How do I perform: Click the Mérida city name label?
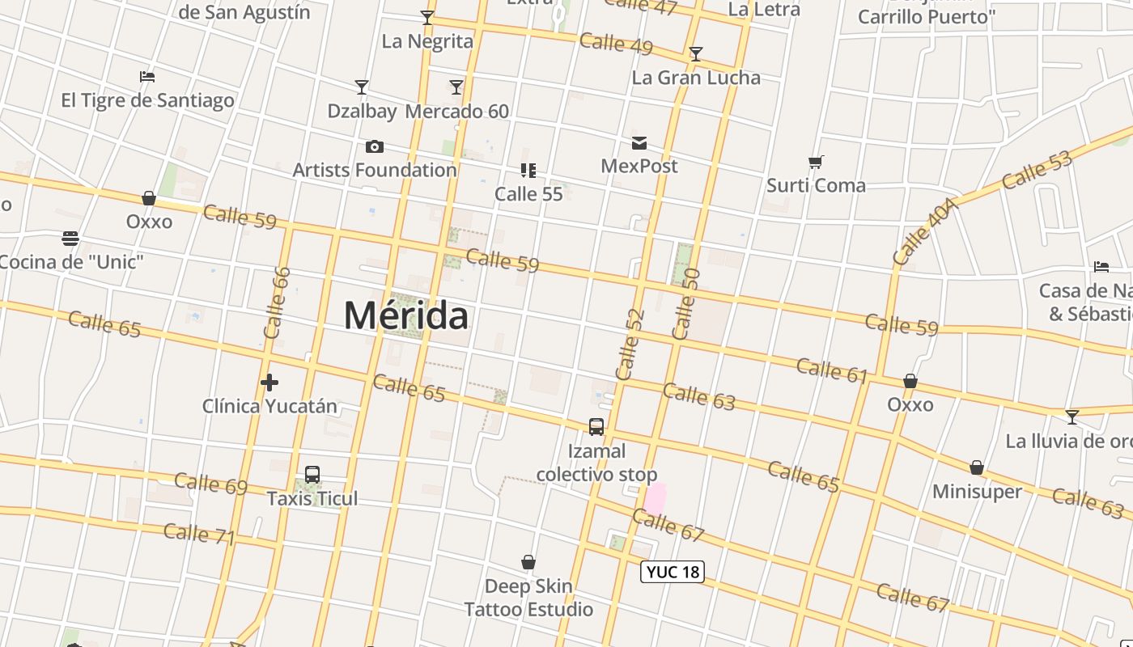(x=405, y=315)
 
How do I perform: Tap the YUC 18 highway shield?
(x=673, y=572)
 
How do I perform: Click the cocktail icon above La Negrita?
(x=427, y=18)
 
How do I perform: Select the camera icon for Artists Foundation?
(x=374, y=146)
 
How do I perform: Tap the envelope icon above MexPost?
(x=639, y=143)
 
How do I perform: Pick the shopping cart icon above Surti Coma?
(x=816, y=163)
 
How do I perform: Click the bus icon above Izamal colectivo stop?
(x=596, y=427)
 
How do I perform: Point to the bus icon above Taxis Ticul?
(x=312, y=475)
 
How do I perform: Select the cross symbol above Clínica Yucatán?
(x=269, y=382)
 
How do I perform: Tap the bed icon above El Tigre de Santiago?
(x=147, y=77)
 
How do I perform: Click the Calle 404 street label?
(x=926, y=231)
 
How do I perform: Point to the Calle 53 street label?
(x=1037, y=170)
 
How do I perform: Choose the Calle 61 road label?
(x=832, y=370)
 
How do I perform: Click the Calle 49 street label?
(x=616, y=43)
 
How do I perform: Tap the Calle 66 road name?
(x=277, y=302)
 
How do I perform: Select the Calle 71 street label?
(x=199, y=534)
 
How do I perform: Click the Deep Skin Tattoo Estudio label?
(x=528, y=597)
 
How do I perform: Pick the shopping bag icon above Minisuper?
(x=977, y=468)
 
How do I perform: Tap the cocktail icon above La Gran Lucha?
(x=695, y=54)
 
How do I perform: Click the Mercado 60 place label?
(x=457, y=111)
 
